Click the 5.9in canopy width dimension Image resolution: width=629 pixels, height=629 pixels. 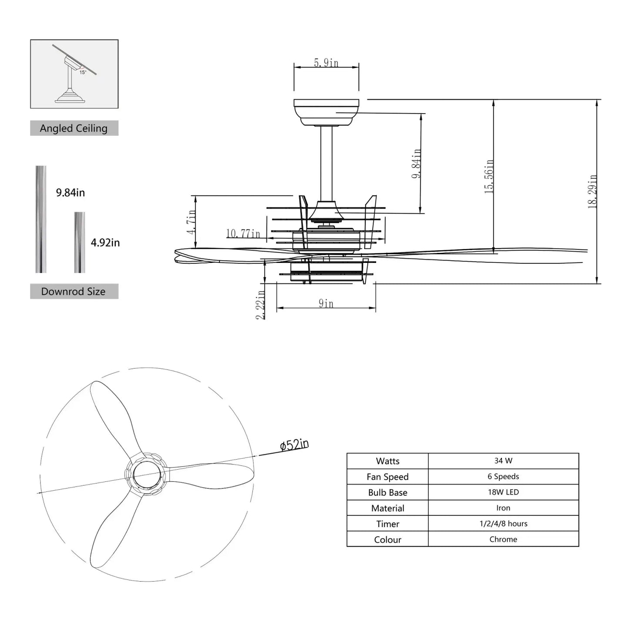pos(326,63)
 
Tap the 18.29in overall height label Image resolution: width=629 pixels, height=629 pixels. pos(592,192)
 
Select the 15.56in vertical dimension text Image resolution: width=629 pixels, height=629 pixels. pos(489,176)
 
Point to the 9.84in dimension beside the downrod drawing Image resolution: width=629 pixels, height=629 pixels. pos(417,163)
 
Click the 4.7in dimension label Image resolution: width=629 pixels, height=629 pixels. pos(191,222)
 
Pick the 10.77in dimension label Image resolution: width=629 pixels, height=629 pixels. pos(243,234)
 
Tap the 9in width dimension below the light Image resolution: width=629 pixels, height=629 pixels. pos(326,303)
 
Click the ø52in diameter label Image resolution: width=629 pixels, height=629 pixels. pos(295,445)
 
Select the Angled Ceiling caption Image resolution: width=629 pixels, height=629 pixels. pos(74,128)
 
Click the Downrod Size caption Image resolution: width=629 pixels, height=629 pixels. pos(74,292)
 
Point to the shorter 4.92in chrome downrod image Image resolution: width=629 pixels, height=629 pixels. pos(79,242)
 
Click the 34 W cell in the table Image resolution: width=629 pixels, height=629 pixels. pos(503,461)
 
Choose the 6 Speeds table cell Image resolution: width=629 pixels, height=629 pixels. pos(503,476)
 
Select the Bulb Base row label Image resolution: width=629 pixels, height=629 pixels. pos(387,492)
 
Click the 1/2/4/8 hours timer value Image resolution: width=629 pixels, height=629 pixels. pos(503,524)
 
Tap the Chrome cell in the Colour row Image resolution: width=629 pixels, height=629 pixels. pos(503,539)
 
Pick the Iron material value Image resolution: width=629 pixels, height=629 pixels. pos(503,508)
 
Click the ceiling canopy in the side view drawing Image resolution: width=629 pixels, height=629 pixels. pos(326,112)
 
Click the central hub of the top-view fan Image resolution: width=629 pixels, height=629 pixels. pos(148,474)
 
